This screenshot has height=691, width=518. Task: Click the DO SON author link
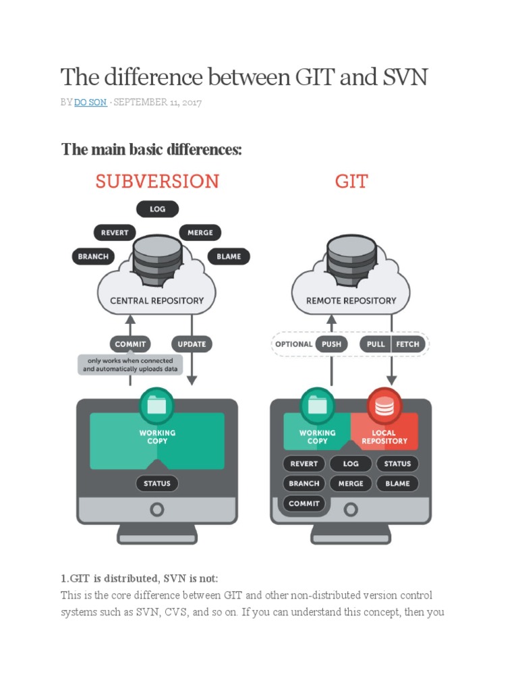click(90, 103)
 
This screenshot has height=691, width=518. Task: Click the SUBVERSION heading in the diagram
click(157, 181)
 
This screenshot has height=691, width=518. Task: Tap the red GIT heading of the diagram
click(351, 181)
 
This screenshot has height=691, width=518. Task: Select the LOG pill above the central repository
click(157, 209)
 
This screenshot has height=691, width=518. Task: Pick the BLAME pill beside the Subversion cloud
click(229, 256)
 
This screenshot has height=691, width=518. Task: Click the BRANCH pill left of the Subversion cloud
click(92, 256)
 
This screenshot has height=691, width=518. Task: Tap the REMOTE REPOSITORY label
click(351, 300)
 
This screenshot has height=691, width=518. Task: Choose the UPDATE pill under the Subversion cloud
click(192, 344)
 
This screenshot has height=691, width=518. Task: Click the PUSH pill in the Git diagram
click(331, 344)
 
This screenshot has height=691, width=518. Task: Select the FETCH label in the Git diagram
click(407, 344)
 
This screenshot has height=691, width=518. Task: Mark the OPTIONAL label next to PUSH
click(294, 344)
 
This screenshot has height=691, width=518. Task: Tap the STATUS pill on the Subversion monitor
click(157, 483)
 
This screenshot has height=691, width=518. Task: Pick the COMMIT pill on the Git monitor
click(304, 503)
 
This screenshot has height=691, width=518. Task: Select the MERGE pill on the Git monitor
click(351, 483)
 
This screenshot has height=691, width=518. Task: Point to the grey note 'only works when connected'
click(129, 365)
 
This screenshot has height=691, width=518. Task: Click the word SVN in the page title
click(403, 78)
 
